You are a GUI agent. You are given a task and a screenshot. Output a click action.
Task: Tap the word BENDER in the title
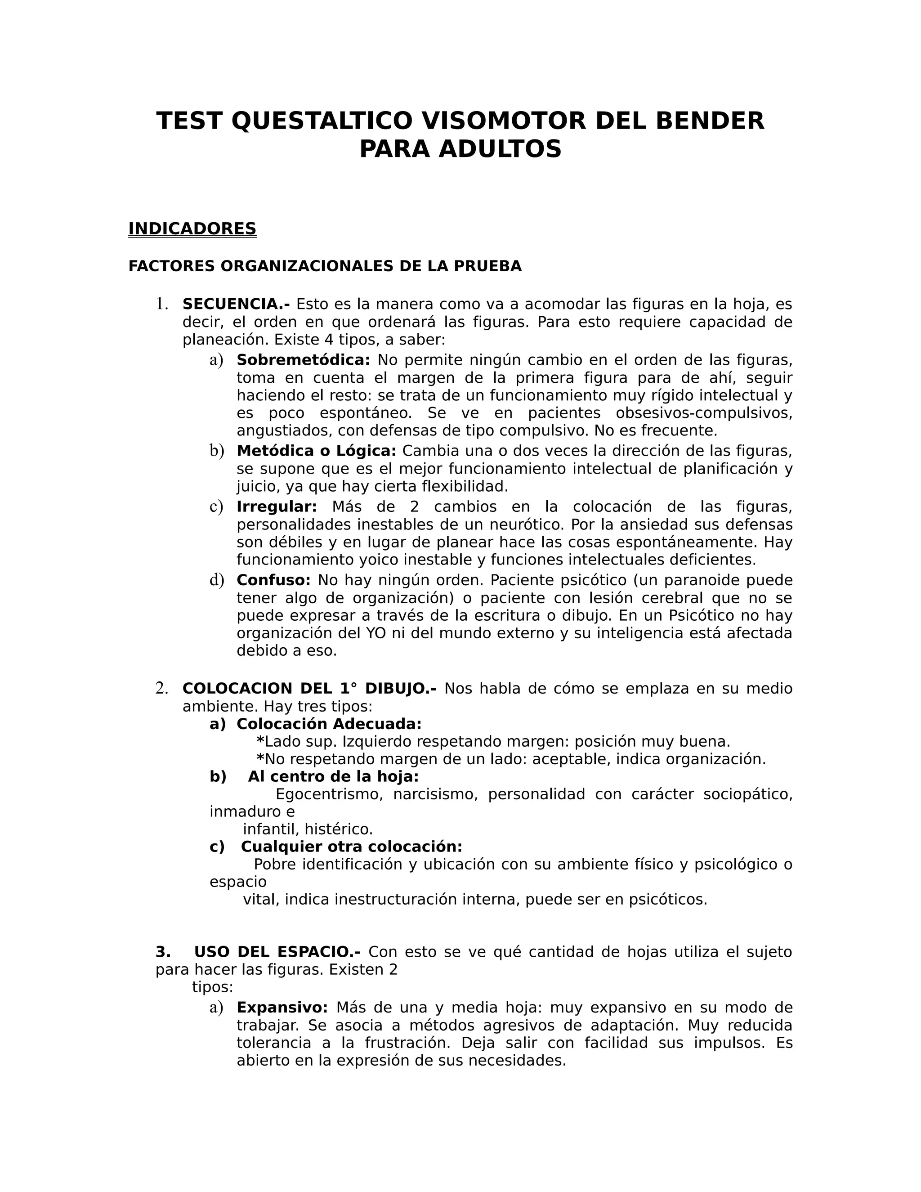click(x=710, y=121)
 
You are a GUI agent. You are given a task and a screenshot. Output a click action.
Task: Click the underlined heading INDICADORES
click(x=192, y=229)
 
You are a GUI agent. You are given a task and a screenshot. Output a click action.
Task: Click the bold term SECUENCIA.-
click(x=236, y=304)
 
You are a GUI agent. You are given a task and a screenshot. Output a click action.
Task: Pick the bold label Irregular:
click(x=277, y=507)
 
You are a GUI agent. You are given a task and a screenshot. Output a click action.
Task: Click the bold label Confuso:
click(x=273, y=580)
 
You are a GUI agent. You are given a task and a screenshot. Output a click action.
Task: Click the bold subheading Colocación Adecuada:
click(x=329, y=724)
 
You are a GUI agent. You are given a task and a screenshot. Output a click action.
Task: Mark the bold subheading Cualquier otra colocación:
click(x=351, y=847)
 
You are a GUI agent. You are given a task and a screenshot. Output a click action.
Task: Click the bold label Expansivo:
click(x=282, y=1008)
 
